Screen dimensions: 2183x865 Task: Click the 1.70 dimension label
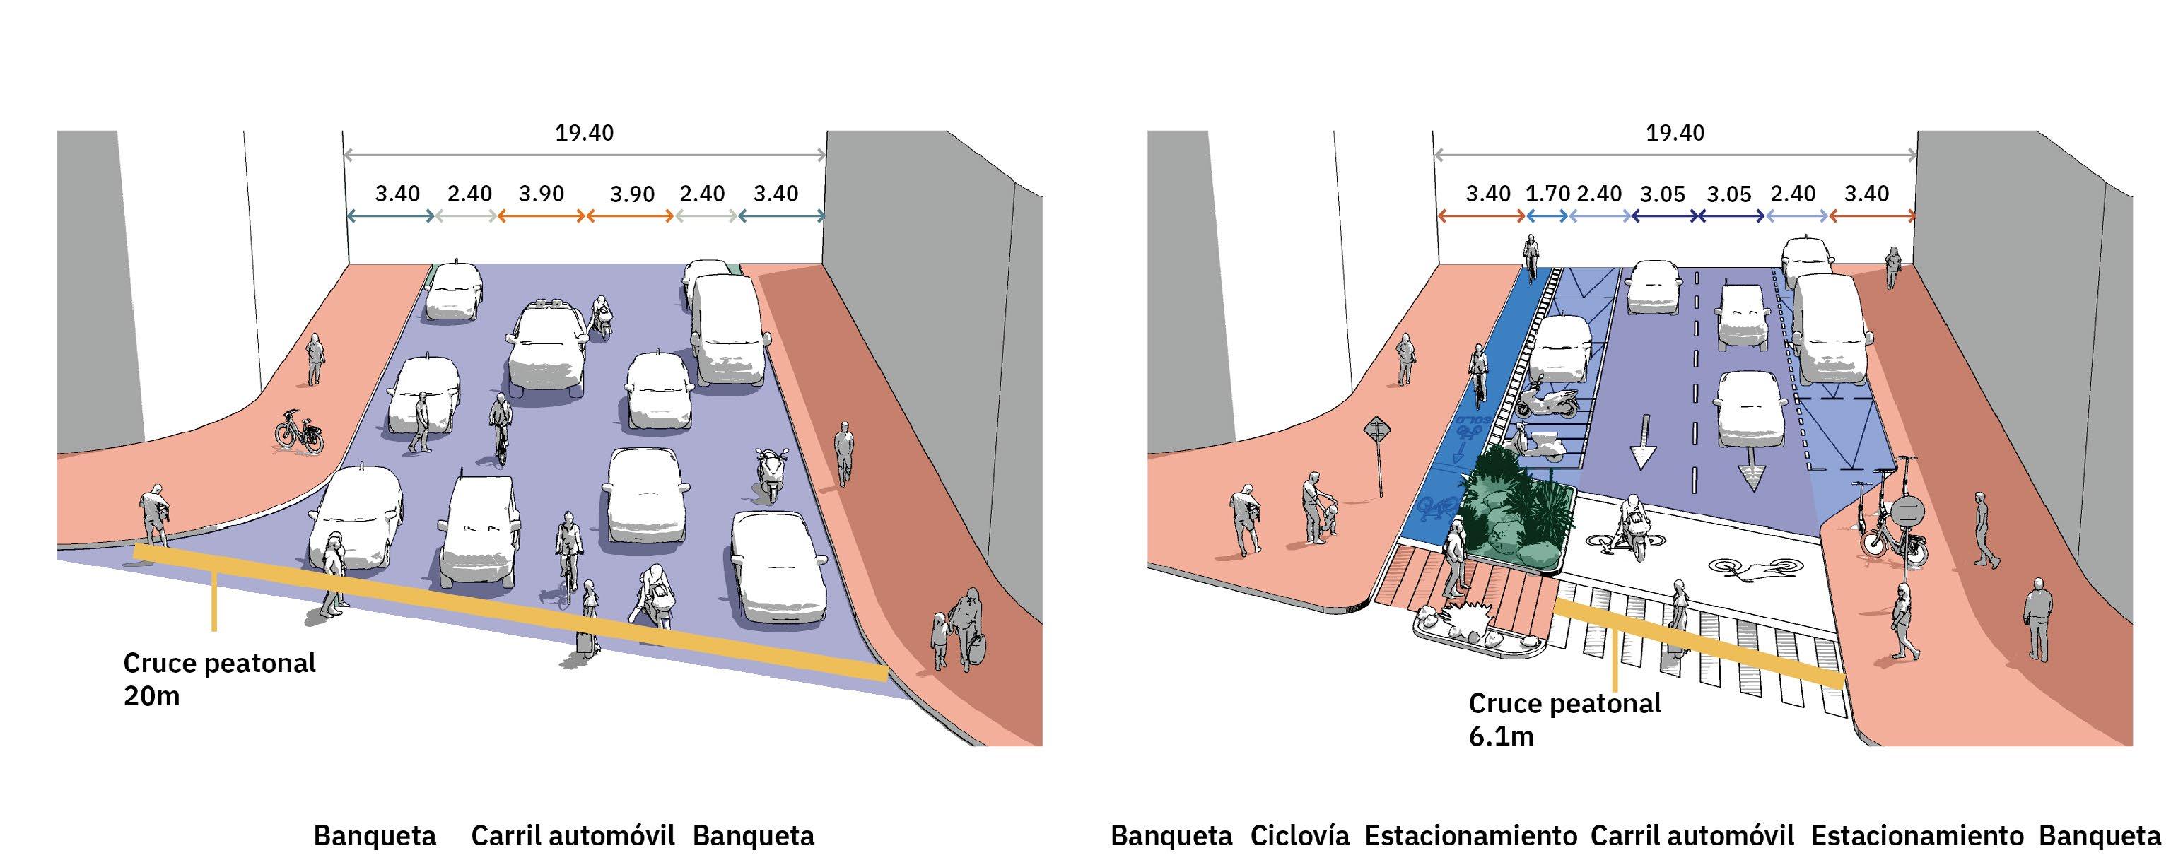(1547, 194)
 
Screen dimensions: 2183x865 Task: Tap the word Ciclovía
(1299, 836)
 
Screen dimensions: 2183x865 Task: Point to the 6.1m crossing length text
(1501, 736)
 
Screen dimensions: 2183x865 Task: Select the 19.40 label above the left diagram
(584, 133)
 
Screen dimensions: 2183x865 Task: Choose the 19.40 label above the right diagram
(1675, 133)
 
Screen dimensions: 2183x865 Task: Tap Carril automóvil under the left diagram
(573, 836)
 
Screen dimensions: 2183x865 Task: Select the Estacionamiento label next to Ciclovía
(1470, 836)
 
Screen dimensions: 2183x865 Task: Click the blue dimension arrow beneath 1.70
(1547, 216)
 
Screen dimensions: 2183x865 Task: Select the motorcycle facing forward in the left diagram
(771, 474)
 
